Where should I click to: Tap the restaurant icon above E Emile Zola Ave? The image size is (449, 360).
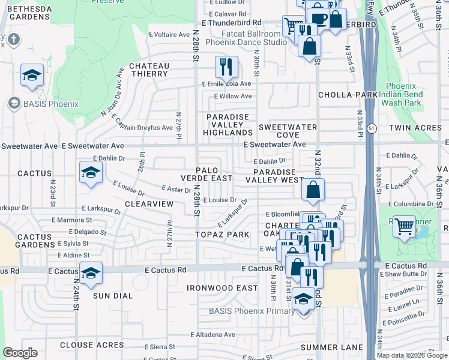(226, 67)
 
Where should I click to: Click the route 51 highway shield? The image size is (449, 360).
(372, 128)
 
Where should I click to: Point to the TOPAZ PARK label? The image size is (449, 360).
(213, 234)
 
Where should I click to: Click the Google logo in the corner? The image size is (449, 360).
(20, 353)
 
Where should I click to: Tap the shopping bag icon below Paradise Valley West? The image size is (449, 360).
(313, 190)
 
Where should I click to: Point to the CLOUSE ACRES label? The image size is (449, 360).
(92, 345)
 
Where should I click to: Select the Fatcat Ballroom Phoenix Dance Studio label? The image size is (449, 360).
(246, 38)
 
